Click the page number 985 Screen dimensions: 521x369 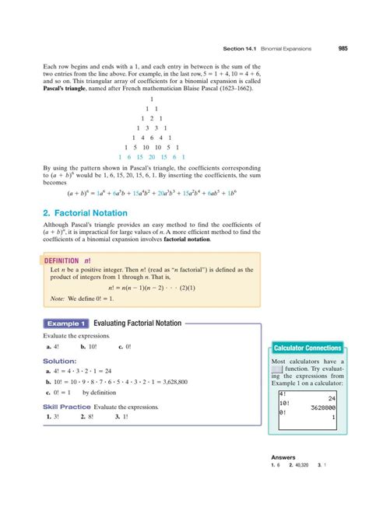point(343,48)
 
